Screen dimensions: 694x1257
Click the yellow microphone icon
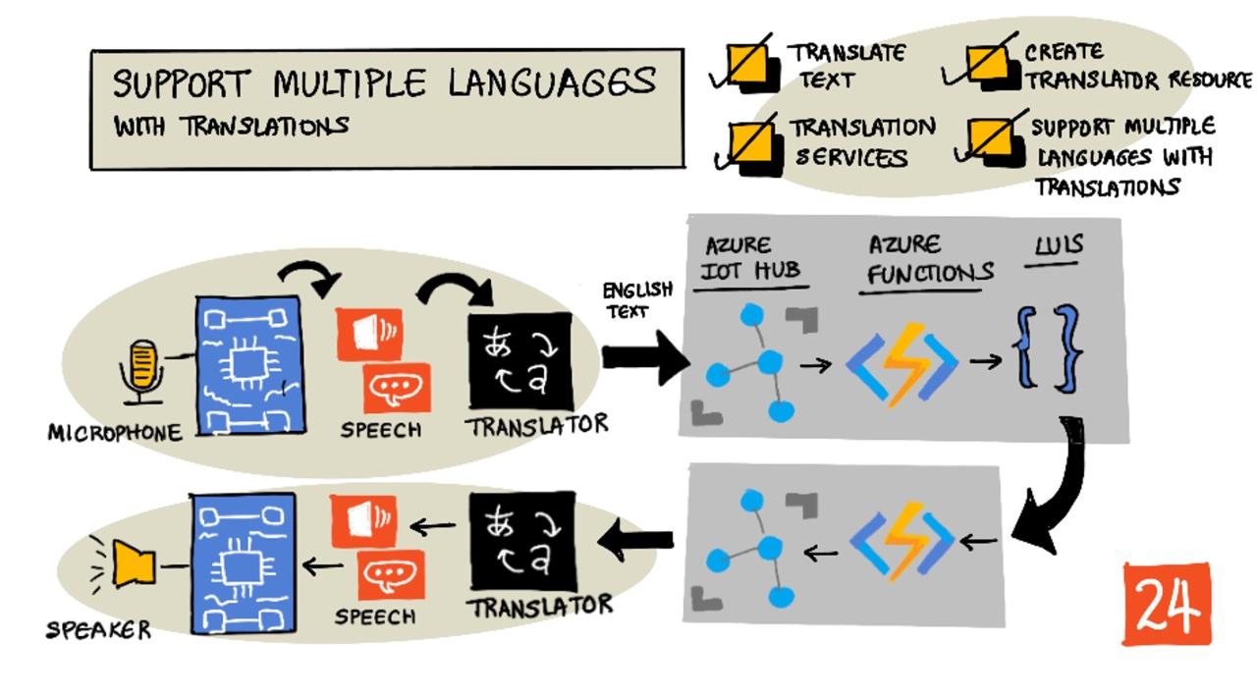(142, 369)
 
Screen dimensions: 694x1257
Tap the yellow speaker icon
(134, 564)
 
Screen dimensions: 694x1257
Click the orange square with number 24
(1167, 604)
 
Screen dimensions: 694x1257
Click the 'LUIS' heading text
(1059, 244)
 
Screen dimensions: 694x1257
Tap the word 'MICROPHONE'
(114, 433)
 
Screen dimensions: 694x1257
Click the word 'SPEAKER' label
(98, 630)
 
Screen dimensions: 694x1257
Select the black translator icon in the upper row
(520, 360)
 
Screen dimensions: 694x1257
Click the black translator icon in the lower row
(520, 541)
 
